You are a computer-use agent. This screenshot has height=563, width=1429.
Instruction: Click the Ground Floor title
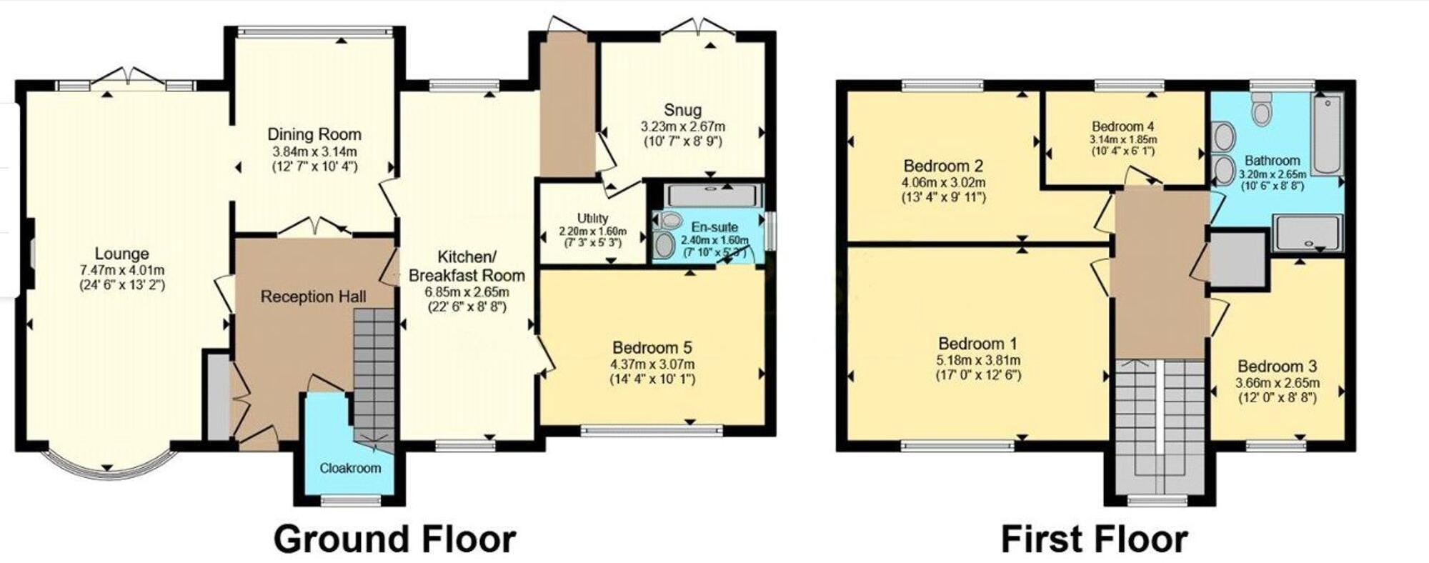coord(394,539)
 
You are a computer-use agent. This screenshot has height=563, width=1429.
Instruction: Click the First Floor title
coord(1094,539)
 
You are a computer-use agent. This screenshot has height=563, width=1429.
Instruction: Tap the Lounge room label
coord(122,254)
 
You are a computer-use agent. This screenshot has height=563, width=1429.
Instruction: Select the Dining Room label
coord(314,134)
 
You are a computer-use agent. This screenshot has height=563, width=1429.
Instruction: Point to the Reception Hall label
coord(313,297)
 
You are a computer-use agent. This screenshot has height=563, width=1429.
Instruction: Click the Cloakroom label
coord(350,468)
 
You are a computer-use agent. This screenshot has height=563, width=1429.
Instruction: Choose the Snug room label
coord(682,110)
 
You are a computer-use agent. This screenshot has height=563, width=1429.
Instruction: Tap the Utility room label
coord(592,218)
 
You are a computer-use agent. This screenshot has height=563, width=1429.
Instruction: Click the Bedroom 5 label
coord(652,348)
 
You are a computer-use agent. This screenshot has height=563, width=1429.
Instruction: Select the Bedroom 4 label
coord(1123,127)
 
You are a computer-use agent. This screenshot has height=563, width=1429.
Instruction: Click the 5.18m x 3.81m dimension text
coord(978,360)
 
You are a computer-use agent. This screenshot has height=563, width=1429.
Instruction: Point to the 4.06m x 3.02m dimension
coord(943,182)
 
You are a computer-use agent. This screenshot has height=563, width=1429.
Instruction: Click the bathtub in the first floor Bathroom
coord(1328,134)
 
